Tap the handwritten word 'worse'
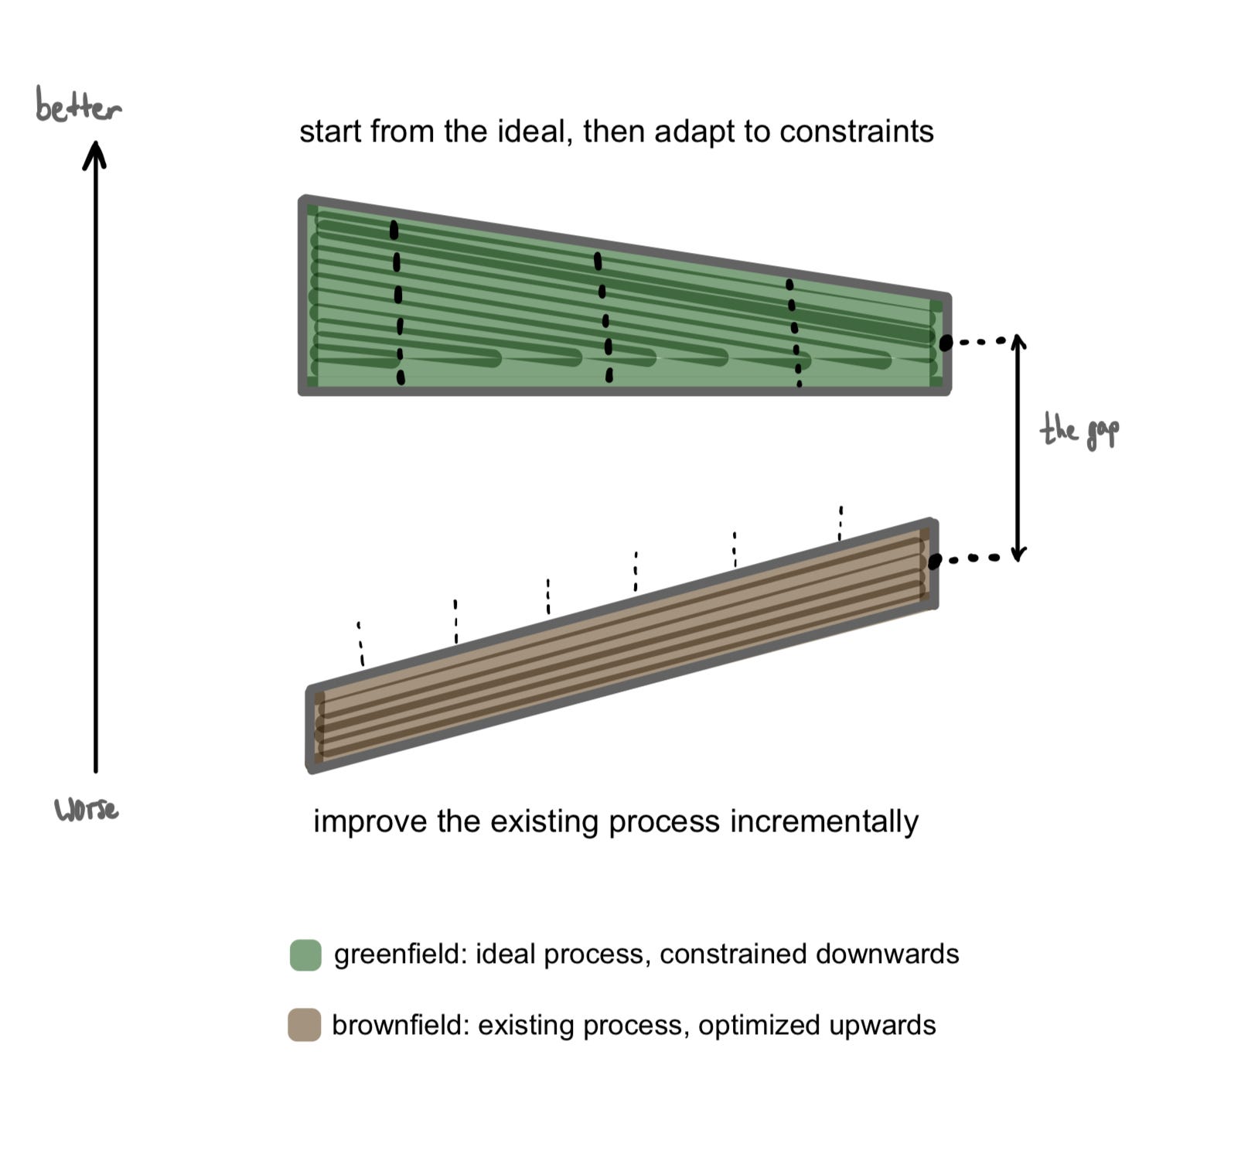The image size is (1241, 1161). tap(87, 810)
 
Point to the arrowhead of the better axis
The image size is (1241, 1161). tap(95, 152)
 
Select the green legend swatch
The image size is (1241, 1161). tap(305, 955)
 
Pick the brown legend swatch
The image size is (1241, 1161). tap(305, 1025)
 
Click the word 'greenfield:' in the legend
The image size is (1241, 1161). tap(401, 954)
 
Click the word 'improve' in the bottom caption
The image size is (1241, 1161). tap(371, 821)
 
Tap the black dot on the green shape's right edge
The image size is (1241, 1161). tap(945, 342)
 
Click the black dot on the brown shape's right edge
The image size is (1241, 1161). tap(934, 562)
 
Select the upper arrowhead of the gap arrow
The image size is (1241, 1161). tap(1018, 341)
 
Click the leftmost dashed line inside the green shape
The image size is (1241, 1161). tap(397, 302)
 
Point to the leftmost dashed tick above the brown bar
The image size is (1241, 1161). tap(360, 644)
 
